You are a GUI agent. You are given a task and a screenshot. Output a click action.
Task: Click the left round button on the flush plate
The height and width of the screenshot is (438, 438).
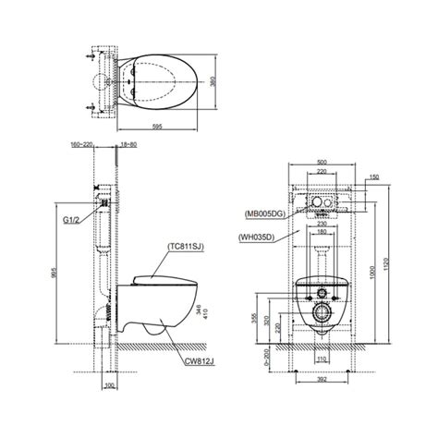click(310, 201)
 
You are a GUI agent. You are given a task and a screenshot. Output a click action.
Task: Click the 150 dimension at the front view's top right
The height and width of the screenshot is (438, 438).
click(372, 177)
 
